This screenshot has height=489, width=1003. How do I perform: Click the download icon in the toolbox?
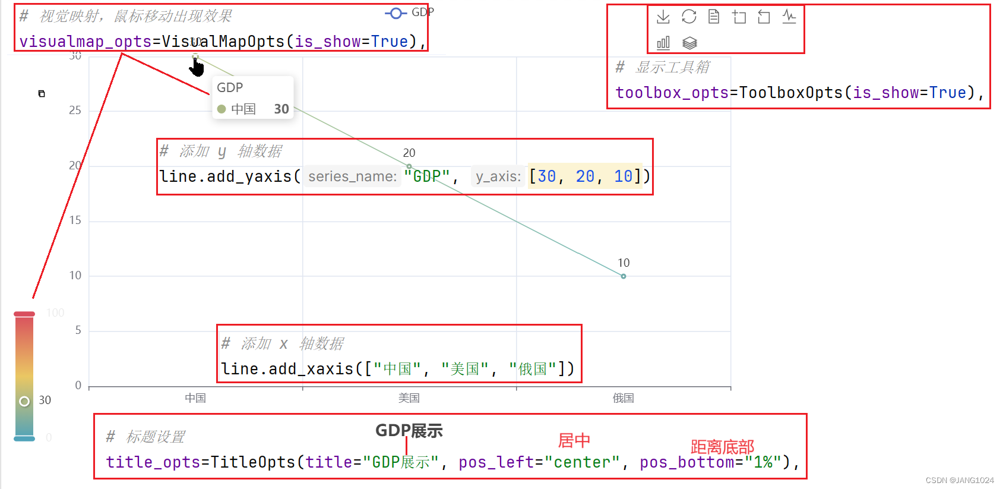click(x=663, y=17)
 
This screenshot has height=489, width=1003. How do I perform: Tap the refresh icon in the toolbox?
click(x=689, y=17)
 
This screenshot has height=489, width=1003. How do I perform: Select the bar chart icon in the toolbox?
click(x=663, y=43)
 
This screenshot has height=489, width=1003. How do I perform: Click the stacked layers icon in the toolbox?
click(x=689, y=43)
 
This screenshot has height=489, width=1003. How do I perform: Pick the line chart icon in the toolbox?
click(x=789, y=17)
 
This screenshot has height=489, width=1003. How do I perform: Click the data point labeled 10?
click(x=623, y=276)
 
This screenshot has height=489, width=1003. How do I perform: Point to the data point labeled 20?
click(x=409, y=166)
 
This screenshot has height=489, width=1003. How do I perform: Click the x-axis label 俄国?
click(x=623, y=398)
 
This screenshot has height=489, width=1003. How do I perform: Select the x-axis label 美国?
click(x=409, y=398)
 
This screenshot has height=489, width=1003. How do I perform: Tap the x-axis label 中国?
click(x=195, y=398)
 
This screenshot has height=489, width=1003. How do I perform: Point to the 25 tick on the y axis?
click(x=75, y=111)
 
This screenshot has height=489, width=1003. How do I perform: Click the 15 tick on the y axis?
click(x=75, y=220)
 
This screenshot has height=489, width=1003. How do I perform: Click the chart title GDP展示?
click(x=409, y=431)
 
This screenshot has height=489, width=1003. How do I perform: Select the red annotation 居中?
click(x=574, y=440)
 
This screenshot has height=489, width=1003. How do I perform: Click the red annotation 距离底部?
click(x=722, y=447)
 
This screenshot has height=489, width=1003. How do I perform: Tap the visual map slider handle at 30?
click(x=24, y=401)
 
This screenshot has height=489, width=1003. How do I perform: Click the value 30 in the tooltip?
click(x=281, y=109)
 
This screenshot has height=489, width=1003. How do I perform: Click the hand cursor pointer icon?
click(x=197, y=67)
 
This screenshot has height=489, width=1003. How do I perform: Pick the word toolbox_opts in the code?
click(x=672, y=93)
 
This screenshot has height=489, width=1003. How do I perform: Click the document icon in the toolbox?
click(x=714, y=17)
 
